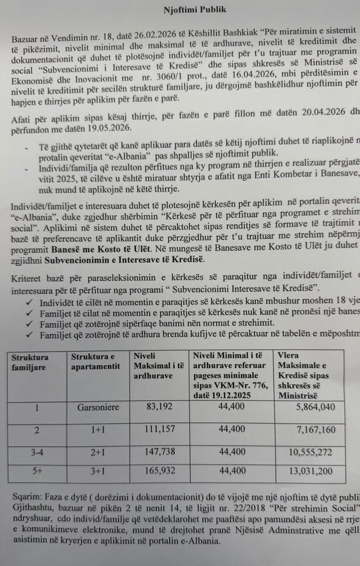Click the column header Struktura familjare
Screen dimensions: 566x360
pyautogui.click(x=30, y=362)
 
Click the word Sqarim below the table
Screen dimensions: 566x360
pyautogui.click(x=24, y=498)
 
